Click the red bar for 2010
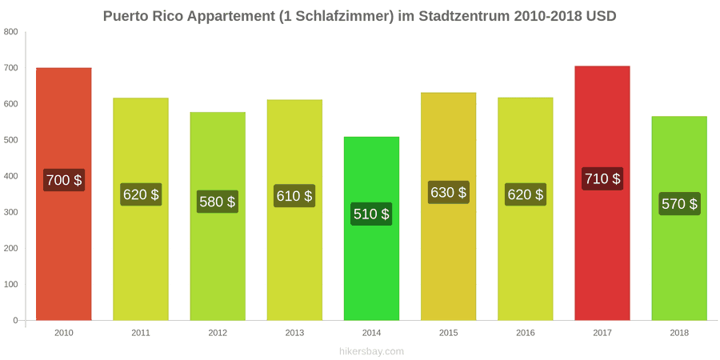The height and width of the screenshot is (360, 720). (x=64, y=194)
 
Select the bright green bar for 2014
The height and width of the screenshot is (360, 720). (x=371, y=228)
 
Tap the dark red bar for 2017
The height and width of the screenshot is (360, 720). (x=602, y=193)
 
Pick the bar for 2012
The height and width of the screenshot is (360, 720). (x=218, y=216)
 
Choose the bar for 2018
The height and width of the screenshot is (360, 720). (x=679, y=218)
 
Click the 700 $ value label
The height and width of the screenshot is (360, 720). (x=64, y=180)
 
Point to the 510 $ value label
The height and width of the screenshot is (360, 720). (x=371, y=214)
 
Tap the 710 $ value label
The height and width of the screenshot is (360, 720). (x=602, y=178)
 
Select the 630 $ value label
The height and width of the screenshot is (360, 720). (x=449, y=192)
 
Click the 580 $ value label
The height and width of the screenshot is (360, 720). (x=218, y=202)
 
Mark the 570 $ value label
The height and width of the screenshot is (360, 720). (x=679, y=203)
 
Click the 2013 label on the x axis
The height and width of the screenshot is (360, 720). (x=294, y=334)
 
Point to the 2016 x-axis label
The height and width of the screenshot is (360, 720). (x=526, y=334)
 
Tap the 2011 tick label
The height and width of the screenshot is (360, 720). (x=141, y=334)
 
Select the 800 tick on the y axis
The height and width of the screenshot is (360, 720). (x=11, y=32)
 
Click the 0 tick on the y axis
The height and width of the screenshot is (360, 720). (x=16, y=321)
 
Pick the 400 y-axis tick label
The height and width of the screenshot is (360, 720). (x=11, y=176)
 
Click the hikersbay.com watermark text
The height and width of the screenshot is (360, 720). (x=371, y=352)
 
